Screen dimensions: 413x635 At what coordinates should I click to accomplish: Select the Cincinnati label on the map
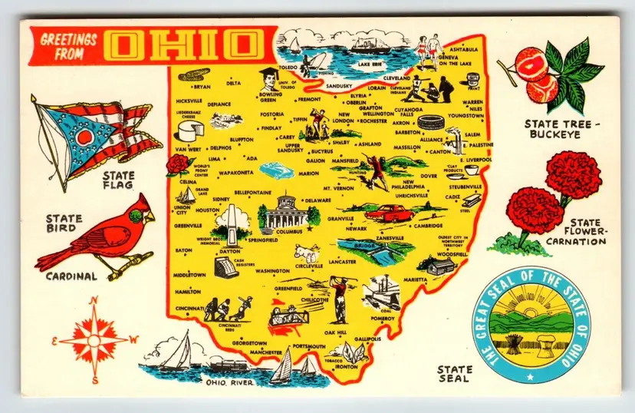[194, 309]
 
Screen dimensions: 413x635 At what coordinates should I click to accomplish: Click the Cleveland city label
[396, 78]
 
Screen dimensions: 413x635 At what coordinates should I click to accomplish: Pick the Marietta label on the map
[415, 279]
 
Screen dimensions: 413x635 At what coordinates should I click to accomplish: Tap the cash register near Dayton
[225, 269]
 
